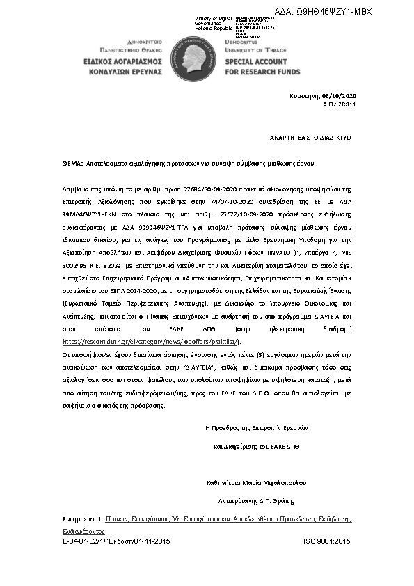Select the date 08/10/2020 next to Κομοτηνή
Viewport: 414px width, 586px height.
pos(340,95)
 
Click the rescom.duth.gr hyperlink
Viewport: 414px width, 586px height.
pos(151,342)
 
